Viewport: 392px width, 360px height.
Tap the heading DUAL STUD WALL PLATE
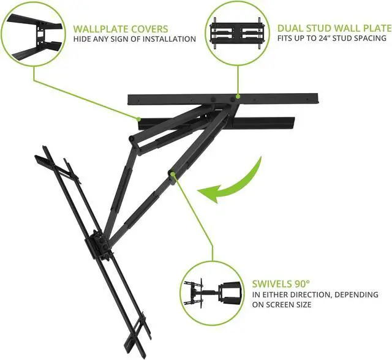pos(334,28)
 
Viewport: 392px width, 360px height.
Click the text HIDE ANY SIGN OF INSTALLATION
pos(135,39)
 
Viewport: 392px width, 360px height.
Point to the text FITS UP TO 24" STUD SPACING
pos(331,39)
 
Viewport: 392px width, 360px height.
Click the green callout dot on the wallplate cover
pos(140,118)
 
